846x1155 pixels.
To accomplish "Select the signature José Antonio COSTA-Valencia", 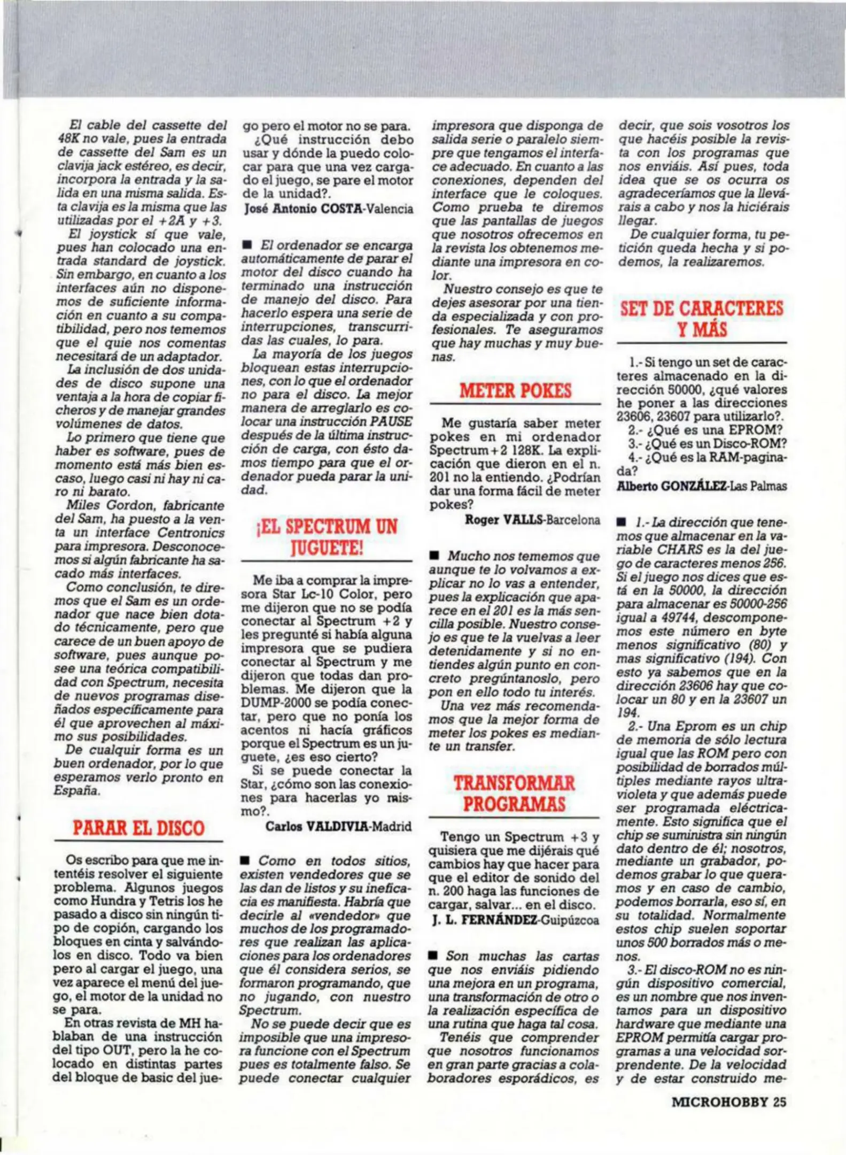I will [328, 209].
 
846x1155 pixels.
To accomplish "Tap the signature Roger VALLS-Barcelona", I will [532, 519].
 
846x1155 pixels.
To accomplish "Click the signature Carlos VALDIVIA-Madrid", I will [338, 826].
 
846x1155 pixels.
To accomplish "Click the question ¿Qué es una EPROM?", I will [705, 430].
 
